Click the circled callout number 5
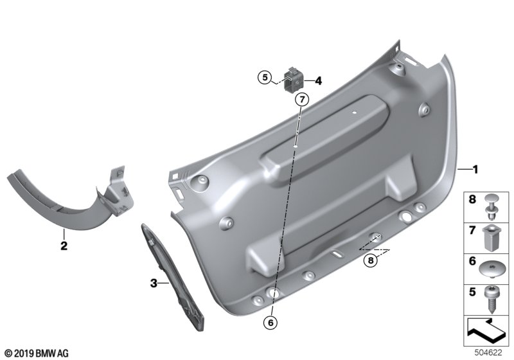point(265,78)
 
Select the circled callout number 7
point(302,99)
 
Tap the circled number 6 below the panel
point(270,323)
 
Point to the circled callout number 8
point(371,260)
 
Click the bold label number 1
point(475,170)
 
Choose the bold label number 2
point(64,246)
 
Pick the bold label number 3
point(154,283)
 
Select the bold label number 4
point(318,80)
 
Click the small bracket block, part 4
point(293,80)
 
